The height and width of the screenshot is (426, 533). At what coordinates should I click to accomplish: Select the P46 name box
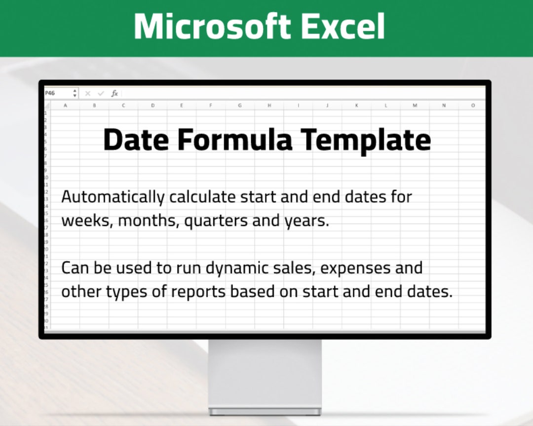pyautogui.click(x=57, y=93)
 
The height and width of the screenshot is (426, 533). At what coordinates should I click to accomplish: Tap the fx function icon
pyautogui.click(x=114, y=93)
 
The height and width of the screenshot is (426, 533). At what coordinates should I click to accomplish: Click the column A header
pyautogui.click(x=65, y=106)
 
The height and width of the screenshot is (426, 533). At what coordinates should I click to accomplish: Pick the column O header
pyautogui.click(x=473, y=106)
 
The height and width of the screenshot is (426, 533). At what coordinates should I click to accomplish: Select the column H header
pyautogui.click(x=269, y=106)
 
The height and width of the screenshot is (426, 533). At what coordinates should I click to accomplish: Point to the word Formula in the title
pyautogui.click(x=235, y=140)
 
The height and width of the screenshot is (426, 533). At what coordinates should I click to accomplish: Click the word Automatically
pyautogui.click(x=113, y=197)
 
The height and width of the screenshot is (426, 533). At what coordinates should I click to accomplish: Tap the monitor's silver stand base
pyautogui.click(x=265, y=411)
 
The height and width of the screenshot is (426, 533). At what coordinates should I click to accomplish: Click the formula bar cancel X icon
pyautogui.click(x=88, y=93)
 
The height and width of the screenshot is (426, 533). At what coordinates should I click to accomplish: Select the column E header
pyautogui.click(x=182, y=106)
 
